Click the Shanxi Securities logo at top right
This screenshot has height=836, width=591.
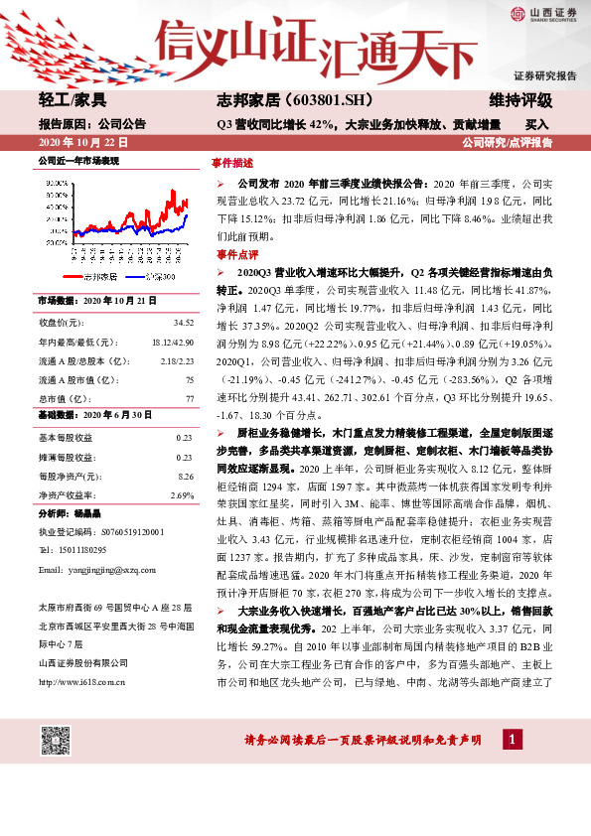(x=543, y=13)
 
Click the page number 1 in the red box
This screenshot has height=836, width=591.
(x=512, y=740)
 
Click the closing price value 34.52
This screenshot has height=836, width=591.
(x=184, y=324)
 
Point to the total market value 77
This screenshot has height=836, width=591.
(x=189, y=398)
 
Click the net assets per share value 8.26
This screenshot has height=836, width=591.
(x=184, y=476)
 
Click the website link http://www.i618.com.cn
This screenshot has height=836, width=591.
(x=80, y=681)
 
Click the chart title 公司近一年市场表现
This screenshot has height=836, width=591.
(x=78, y=160)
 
